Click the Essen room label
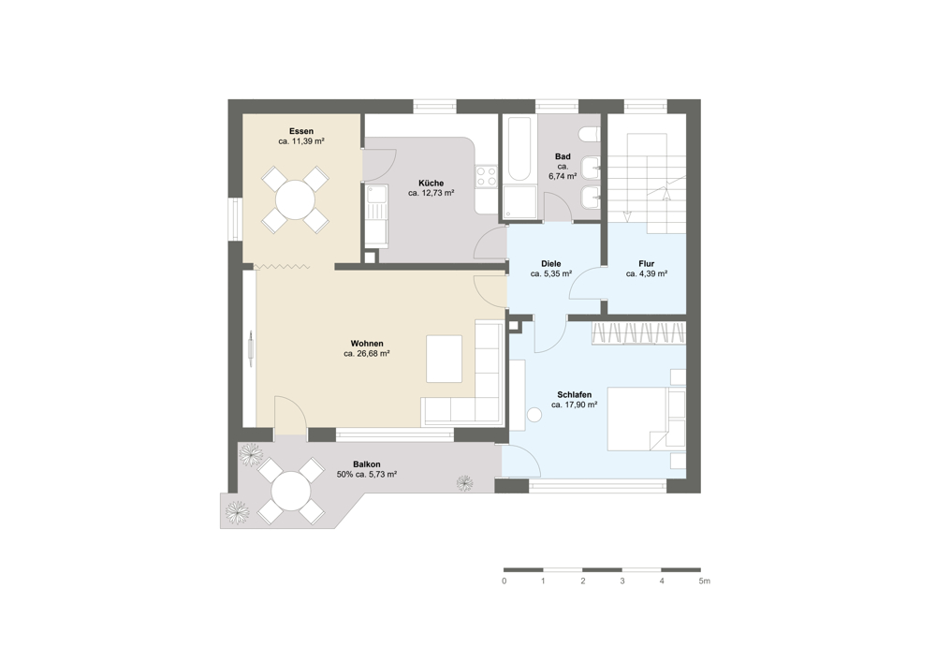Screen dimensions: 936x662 pyautogui.click(x=300, y=131)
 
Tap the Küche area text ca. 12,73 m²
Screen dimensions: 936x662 pyautogui.click(x=431, y=194)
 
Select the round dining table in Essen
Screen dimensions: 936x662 pyautogui.click(x=295, y=200)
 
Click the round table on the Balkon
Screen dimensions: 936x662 pyautogui.click(x=291, y=492)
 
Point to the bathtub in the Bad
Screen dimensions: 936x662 pyautogui.click(x=518, y=149)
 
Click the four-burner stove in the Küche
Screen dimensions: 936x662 pyautogui.click(x=486, y=175)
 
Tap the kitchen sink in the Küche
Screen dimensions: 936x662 pyautogui.click(x=376, y=202)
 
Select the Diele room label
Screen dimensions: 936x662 pyautogui.click(x=551, y=264)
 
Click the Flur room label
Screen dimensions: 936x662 pyautogui.click(x=647, y=264)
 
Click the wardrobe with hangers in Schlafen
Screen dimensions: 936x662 pyautogui.click(x=638, y=333)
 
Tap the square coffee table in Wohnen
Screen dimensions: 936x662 pyautogui.click(x=444, y=359)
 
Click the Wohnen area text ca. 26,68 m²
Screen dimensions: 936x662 pyautogui.click(x=367, y=354)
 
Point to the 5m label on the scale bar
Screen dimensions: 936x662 pyautogui.click(x=705, y=581)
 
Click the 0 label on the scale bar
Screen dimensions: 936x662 pyautogui.click(x=505, y=581)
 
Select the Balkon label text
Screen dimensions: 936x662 pyautogui.click(x=367, y=464)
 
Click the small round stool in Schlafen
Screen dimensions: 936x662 pyautogui.click(x=534, y=415)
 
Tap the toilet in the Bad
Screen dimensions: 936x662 pyautogui.click(x=590, y=136)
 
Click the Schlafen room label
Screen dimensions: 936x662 pyautogui.click(x=575, y=395)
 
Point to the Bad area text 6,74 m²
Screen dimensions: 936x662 pyautogui.click(x=563, y=177)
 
